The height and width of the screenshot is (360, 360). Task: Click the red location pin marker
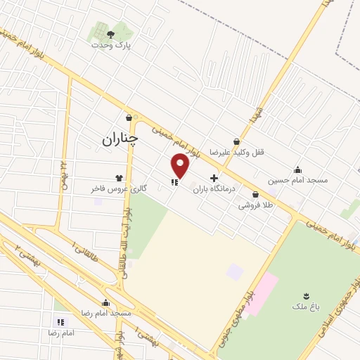pyautogui.click(x=181, y=165)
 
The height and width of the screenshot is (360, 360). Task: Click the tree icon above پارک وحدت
pyautogui.click(x=111, y=32)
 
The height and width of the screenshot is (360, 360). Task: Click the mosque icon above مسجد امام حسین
pyautogui.click(x=298, y=169)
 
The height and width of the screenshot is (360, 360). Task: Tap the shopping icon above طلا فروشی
pyautogui.click(x=255, y=194)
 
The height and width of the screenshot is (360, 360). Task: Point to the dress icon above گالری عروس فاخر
pyautogui.click(x=118, y=177)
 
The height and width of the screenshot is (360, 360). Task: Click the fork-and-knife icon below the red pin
pyautogui.click(x=174, y=182)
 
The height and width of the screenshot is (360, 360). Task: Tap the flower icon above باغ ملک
pyautogui.click(x=305, y=295)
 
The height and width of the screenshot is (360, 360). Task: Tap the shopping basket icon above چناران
pyautogui.click(x=129, y=117)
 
